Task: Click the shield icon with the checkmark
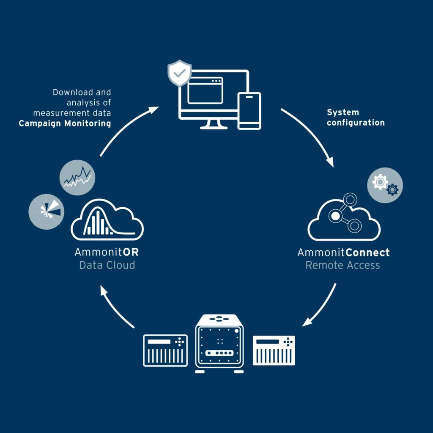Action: point(180,73)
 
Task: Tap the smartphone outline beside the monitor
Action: point(249,110)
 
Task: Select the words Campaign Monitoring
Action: point(65,123)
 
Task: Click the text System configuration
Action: point(356,118)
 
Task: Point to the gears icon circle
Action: point(385,185)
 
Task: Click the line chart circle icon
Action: point(77,178)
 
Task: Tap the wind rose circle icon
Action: point(46,211)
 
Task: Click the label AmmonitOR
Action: point(107,253)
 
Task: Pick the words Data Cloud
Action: point(107,266)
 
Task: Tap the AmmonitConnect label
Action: point(343,253)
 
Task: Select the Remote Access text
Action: point(343,266)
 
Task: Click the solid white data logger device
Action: point(274,351)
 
